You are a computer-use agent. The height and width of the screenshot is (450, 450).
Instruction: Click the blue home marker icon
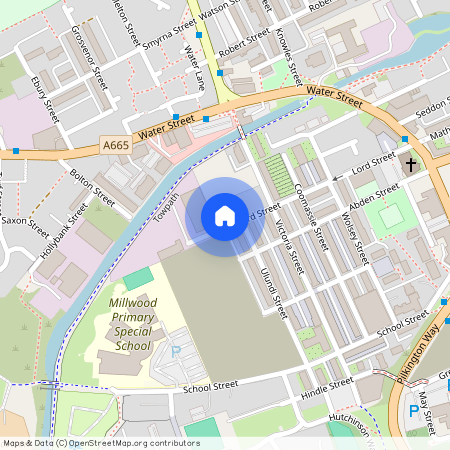(x=225, y=216)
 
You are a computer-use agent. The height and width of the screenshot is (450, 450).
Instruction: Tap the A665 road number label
(x=117, y=146)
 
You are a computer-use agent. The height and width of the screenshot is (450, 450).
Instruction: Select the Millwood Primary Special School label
(x=132, y=324)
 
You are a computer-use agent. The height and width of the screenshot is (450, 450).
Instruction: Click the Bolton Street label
(x=94, y=184)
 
